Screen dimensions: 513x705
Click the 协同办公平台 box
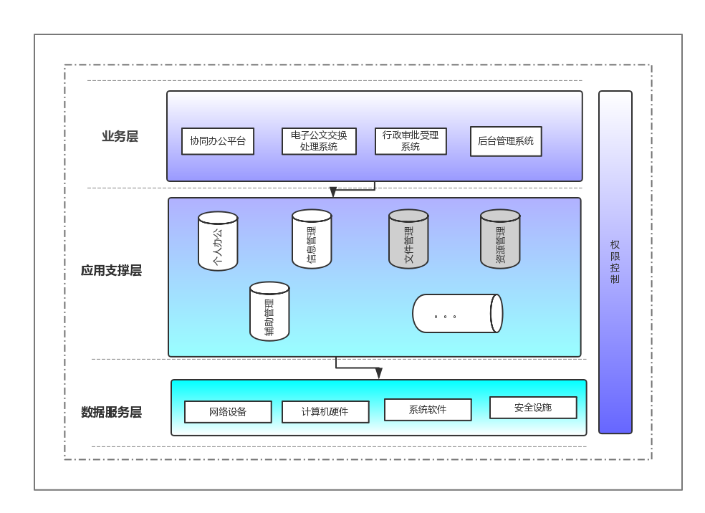(x=218, y=141)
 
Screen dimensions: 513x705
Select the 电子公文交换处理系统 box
(x=319, y=141)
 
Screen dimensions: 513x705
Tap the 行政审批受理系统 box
(x=411, y=141)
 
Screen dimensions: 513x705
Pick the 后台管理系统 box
(x=506, y=141)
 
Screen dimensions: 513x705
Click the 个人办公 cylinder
(x=218, y=241)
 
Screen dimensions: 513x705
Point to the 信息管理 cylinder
(x=312, y=239)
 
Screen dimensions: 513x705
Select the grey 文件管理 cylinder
(x=408, y=239)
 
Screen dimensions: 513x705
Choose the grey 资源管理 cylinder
(x=500, y=239)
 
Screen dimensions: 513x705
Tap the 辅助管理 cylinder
(x=269, y=312)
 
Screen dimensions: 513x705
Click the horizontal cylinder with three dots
(x=456, y=314)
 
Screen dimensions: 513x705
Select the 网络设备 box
(x=228, y=412)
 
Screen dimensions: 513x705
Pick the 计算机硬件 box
(x=325, y=412)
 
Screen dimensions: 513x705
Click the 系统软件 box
(x=428, y=410)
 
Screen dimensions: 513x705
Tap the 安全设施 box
(x=533, y=408)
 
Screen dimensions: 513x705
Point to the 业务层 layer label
(x=120, y=137)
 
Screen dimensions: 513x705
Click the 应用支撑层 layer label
(x=111, y=271)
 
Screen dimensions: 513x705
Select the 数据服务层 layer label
(x=111, y=413)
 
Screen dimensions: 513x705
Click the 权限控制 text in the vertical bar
(x=615, y=262)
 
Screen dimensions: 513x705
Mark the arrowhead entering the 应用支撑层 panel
(x=333, y=193)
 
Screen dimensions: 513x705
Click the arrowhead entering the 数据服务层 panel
(x=379, y=373)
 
